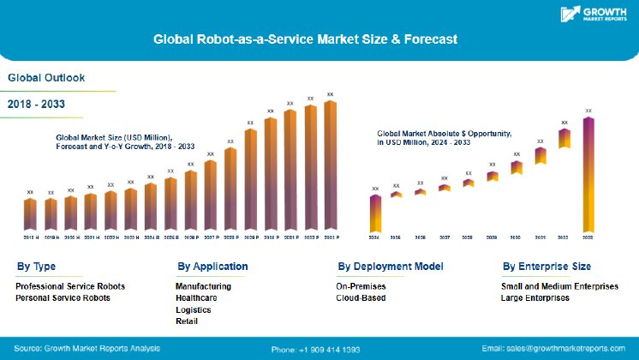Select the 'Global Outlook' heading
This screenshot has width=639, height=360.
(46, 77)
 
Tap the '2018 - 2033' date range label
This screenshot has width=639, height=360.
(37, 104)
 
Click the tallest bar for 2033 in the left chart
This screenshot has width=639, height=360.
(330, 166)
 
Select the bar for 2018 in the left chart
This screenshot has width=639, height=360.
(30, 213)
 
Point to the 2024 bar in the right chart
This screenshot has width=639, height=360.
(374, 213)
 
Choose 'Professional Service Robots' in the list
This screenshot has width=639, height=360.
(70, 285)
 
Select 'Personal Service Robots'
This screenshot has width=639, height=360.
(63, 297)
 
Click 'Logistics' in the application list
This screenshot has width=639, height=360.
(194, 309)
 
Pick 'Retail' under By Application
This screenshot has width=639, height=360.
(186, 321)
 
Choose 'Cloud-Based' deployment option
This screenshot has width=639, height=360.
(361, 297)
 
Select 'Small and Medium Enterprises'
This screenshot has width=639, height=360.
(558, 285)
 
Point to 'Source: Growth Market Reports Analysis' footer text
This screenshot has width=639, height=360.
(87, 349)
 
